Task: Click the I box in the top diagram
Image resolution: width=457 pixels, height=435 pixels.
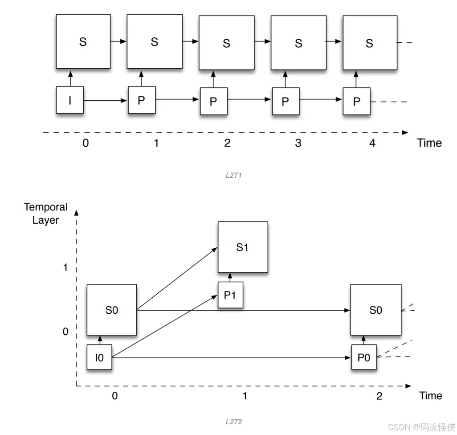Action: click(70, 100)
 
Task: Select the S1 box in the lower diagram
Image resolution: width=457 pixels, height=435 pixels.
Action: click(242, 247)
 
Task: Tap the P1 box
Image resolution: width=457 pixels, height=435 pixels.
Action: click(230, 295)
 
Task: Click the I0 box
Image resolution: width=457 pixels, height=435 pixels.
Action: click(99, 357)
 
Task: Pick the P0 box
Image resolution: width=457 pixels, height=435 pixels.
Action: click(364, 357)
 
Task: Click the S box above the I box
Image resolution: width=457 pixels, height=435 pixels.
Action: click(83, 41)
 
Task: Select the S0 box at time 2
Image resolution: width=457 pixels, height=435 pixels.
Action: click(375, 310)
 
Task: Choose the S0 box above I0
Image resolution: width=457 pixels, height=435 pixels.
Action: click(111, 310)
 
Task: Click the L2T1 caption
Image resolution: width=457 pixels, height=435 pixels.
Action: click(233, 176)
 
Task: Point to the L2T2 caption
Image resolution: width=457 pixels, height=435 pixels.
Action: click(233, 422)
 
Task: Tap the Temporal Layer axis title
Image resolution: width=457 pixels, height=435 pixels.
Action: click(45, 213)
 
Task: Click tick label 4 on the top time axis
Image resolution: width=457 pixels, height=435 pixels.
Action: click(372, 143)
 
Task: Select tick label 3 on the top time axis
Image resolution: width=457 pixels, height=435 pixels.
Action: click(298, 143)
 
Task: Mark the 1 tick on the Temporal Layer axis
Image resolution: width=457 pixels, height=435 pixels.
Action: click(65, 267)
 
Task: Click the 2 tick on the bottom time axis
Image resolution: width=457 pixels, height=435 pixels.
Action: click(379, 396)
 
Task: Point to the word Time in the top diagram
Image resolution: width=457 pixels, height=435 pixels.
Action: click(429, 143)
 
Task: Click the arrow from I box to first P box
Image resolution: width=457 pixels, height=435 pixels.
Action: click(105, 101)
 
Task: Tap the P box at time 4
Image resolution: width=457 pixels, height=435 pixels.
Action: click(356, 101)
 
